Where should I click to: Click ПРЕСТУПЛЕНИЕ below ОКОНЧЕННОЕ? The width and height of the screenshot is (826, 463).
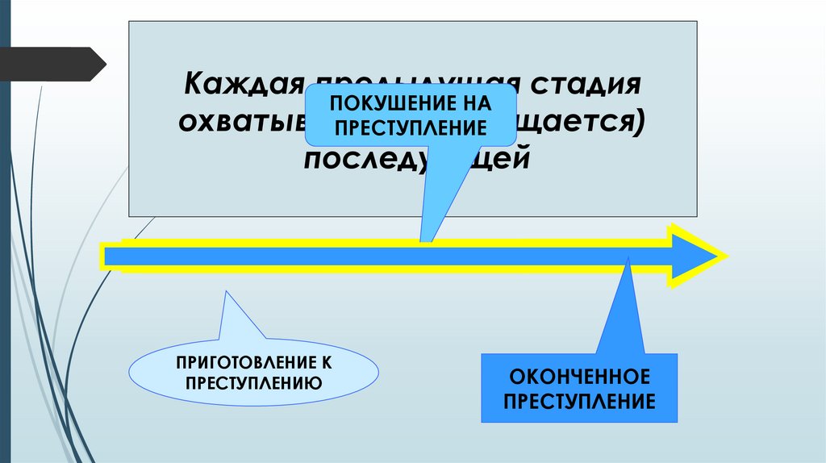tap(579, 401)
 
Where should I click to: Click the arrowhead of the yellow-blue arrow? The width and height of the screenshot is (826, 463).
tap(695, 256)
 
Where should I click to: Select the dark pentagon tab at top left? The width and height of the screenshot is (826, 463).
tap(52, 64)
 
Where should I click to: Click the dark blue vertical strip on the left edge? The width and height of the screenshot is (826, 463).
tap(4, 242)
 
